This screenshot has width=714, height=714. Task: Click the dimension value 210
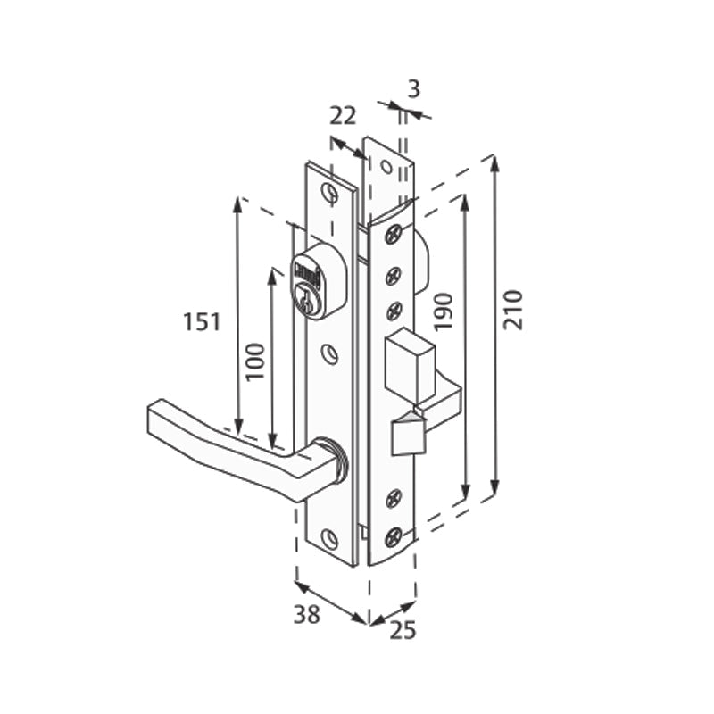pos(513,310)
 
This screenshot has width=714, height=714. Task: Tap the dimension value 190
pos(445,310)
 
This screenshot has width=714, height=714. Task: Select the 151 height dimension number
pos(202,321)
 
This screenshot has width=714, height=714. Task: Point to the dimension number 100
pos(256,361)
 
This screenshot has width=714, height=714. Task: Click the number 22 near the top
pos(343,115)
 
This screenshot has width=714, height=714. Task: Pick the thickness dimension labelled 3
pos(413,88)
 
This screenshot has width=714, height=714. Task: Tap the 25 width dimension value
pos(403,630)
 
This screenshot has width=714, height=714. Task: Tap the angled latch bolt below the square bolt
pos(406,435)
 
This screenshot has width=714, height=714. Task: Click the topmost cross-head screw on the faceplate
pos(393,236)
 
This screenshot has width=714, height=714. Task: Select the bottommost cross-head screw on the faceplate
pos(393,536)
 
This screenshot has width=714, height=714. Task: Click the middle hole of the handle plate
pos(330,354)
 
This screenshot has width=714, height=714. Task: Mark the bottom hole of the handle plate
pos(329,538)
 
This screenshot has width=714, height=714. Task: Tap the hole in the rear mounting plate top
pos(386,167)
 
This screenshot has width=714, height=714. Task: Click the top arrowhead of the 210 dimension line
pos(494,162)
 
